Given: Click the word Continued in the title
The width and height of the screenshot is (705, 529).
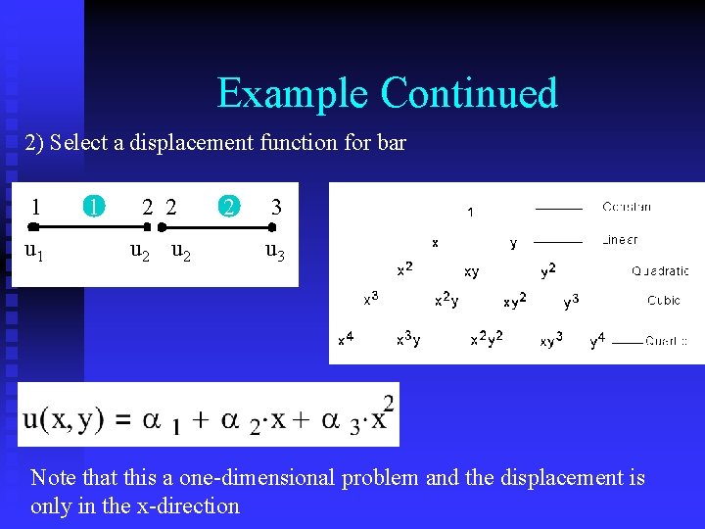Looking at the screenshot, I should coord(469,93).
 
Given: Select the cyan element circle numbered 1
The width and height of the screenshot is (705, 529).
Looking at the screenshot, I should coord(92,207).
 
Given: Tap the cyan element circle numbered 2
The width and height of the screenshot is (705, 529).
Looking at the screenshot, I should coord(228,207).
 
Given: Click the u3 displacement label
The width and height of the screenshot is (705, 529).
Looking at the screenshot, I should coord(276,252).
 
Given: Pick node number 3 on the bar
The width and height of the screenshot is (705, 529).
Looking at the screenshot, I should coord(276,207).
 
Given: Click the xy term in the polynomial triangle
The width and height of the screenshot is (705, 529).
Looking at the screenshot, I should coord(472,272).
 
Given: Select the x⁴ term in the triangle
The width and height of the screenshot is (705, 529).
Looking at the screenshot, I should coord(346,339).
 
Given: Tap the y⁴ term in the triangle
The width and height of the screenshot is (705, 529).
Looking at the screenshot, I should coord(597,340).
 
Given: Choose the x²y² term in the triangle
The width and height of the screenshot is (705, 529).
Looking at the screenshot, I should coord(487,339).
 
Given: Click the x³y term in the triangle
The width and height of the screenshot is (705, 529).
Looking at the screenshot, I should coord(408,340).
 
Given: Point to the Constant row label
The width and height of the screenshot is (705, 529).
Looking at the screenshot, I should coord(627,208).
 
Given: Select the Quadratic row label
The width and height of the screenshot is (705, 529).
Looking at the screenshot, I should coord(660,271).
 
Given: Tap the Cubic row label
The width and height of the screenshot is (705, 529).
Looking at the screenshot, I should coord(664,301).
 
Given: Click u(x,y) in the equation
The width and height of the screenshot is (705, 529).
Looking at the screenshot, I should coord(63,419).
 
